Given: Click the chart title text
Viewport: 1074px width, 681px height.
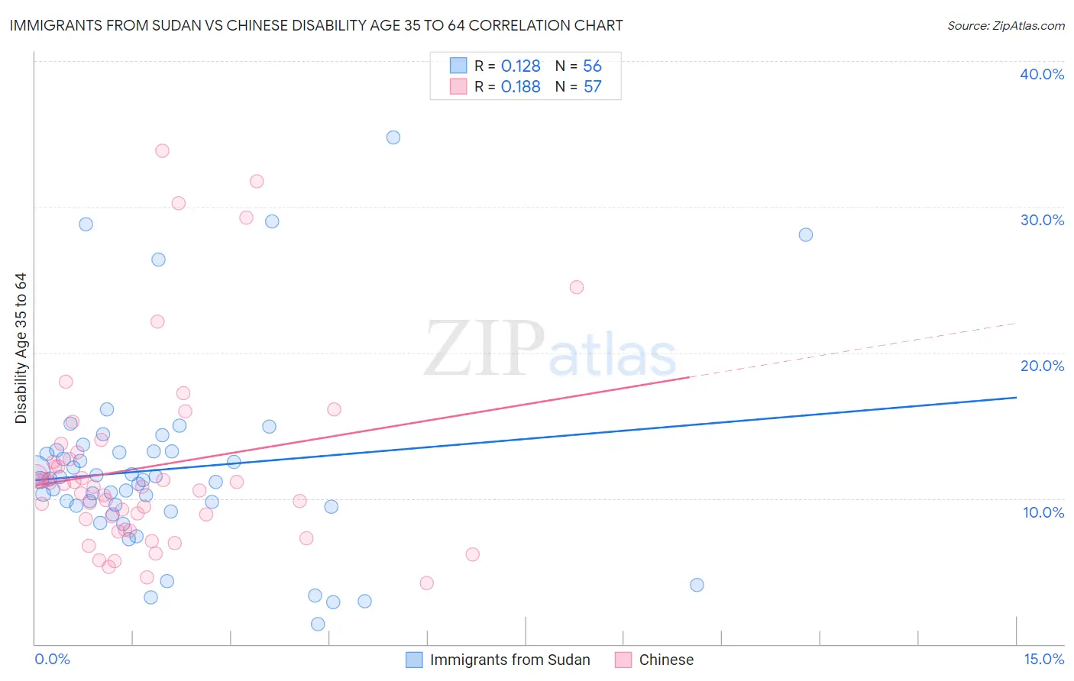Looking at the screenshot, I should pos(316,25).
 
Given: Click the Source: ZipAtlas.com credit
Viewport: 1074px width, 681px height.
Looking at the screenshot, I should pos(1005,25).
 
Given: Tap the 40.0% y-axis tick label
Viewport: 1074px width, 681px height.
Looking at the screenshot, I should pos(1041,74).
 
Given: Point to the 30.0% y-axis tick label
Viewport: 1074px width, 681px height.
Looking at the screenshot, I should pos(1041,220).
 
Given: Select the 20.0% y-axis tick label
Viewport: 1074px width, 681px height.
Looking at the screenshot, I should pos(1041,366).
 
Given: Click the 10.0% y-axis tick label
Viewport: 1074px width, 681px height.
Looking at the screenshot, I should pos(1043,512).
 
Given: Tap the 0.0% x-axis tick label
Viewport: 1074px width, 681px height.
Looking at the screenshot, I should pos(52,659).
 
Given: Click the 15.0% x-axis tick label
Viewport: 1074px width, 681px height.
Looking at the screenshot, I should pos(1043,659).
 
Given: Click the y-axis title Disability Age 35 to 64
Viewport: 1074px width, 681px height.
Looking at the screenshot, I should pos(21,348).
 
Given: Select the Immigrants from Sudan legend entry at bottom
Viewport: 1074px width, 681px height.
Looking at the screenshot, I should pos(510,660).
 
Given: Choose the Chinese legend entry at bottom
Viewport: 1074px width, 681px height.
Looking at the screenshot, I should pos(666,660).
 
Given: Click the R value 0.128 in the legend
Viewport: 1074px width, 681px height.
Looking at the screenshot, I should pos(521,66).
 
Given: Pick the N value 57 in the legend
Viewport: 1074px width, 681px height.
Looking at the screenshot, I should pos(593,87).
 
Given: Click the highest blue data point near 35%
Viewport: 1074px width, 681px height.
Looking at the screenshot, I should pos(393,137).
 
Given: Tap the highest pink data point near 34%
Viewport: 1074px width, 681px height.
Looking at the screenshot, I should pos(162,150).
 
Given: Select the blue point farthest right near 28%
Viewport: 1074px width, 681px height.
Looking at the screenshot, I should pos(806,234).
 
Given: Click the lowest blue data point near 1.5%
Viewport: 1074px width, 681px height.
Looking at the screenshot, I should pos(318,624).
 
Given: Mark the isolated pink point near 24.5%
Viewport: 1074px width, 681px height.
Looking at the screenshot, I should pos(577,287).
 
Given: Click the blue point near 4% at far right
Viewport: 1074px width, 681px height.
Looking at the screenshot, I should pos(697,585).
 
